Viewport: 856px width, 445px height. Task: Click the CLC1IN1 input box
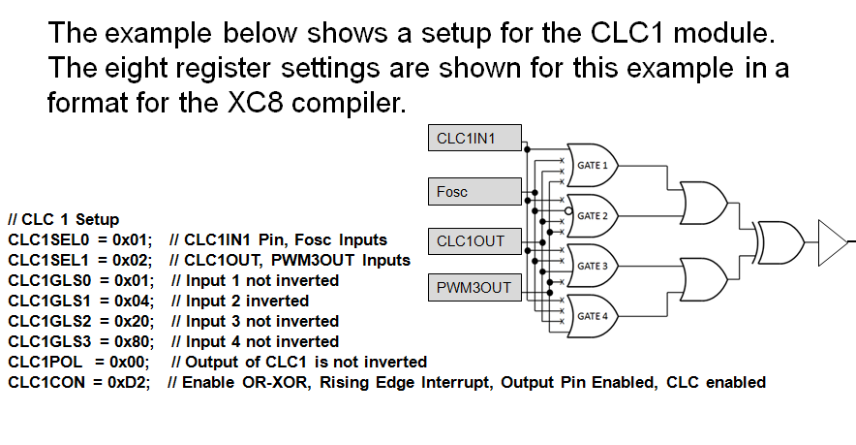tap(474, 139)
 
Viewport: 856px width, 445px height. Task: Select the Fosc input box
tap(474, 191)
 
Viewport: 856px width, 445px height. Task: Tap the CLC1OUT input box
tap(474, 241)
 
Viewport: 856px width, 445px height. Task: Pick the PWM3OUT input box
tap(474, 287)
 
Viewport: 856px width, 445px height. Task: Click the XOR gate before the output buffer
tap(779, 238)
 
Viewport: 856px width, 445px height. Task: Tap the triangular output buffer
tap(832, 238)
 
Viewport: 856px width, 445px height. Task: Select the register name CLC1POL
tap(44, 362)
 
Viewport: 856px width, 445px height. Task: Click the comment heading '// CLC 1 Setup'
tap(63, 219)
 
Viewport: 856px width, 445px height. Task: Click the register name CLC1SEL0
tap(47, 239)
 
